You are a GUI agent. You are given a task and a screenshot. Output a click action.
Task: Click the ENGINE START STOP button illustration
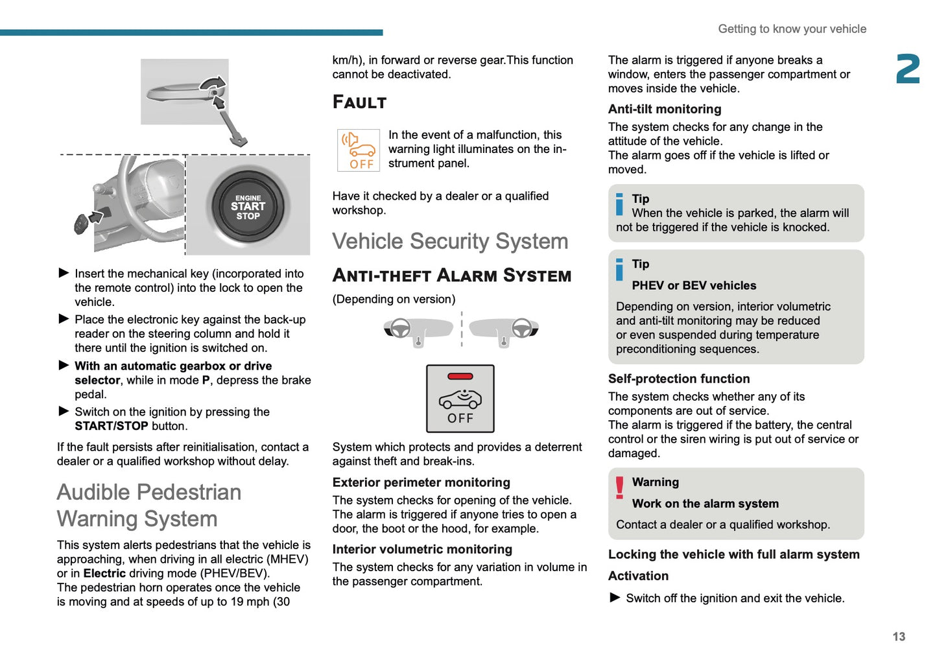pyautogui.click(x=248, y=206)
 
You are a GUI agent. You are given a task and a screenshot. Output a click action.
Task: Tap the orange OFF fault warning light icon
pyautogui.click(x=358, y=150)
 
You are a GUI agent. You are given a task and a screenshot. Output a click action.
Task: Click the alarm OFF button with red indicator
pyautogui.click(x=460, y=398)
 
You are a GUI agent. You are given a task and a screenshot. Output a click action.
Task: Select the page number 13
pyautogui.click(x=898, y=637)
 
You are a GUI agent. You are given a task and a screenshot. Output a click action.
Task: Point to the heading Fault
pyautogui.click(x=359, y=102)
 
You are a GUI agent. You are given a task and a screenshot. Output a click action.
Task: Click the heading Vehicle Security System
pyautogui.click(x=450, y=241)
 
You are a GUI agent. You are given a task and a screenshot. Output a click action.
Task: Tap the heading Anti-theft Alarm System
pyautogui.click(x=451, y=276)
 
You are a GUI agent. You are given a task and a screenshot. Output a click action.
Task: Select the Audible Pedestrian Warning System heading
pyautogui.click(x=149, y=505)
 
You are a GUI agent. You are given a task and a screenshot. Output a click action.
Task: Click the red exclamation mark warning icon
pyautogui.click(x=619, y=488)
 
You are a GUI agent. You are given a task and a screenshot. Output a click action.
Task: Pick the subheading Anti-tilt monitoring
pyautogui.click(x=664, y=109)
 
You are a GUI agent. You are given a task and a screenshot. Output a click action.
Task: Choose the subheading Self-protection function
pyautogui.click(x=678, y=379)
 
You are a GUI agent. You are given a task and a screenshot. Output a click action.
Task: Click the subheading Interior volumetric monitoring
pyautogui.click(x=422, y=549)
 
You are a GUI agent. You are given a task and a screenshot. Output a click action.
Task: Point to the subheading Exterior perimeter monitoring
pyautogui.click(x=421, y=482)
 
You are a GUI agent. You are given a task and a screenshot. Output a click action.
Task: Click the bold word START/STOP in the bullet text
pyautogui.click(x=111, y=426)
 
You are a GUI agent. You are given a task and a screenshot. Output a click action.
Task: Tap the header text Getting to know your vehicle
pyautogui.click(x=792, y=29)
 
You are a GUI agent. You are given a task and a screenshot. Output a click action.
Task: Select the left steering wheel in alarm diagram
pyautogui.click(x=400, y=329)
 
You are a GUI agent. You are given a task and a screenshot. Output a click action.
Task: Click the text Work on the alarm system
pyautogui.click(x=705, y=504)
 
